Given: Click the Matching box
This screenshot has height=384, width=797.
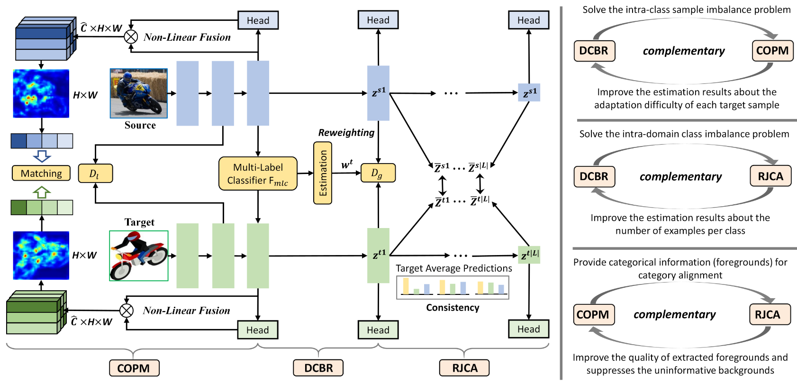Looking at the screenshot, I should coord(41,173).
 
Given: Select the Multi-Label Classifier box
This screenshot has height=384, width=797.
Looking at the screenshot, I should coord(258,174).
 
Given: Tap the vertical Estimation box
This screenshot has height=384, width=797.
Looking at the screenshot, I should coord(323,173).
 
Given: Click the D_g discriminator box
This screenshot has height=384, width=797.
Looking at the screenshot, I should coord(378,173).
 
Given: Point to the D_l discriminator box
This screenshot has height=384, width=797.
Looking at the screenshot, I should coord(95,174).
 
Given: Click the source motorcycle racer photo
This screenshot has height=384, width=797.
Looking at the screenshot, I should coord(138,93).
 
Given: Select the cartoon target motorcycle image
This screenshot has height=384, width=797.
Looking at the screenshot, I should coord(139,256).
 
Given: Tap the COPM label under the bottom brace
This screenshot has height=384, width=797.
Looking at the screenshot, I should coord(134,368).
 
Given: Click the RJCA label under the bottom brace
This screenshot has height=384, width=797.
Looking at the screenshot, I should coord(464,368).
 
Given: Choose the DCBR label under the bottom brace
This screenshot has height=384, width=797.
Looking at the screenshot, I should coord(318,368).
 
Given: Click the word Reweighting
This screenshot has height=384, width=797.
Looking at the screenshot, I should coord(346,133).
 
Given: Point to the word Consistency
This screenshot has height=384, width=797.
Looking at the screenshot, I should coord(453,308).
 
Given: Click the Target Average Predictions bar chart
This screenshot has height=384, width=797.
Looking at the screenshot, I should coord(453,287).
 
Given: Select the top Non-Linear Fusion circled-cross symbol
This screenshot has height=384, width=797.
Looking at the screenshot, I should coord(131,37).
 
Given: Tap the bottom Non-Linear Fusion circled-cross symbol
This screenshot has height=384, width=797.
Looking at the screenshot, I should coord(127,311).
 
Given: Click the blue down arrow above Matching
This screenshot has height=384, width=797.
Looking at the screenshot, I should coord(42,156).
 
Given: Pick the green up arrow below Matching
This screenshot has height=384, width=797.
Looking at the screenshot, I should coord(42,192).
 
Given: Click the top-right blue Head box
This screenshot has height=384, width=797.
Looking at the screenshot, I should coord(528,20).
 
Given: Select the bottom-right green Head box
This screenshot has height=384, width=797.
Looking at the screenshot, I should coord(528,329).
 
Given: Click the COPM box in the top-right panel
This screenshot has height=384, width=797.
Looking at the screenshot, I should coord(772,51).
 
